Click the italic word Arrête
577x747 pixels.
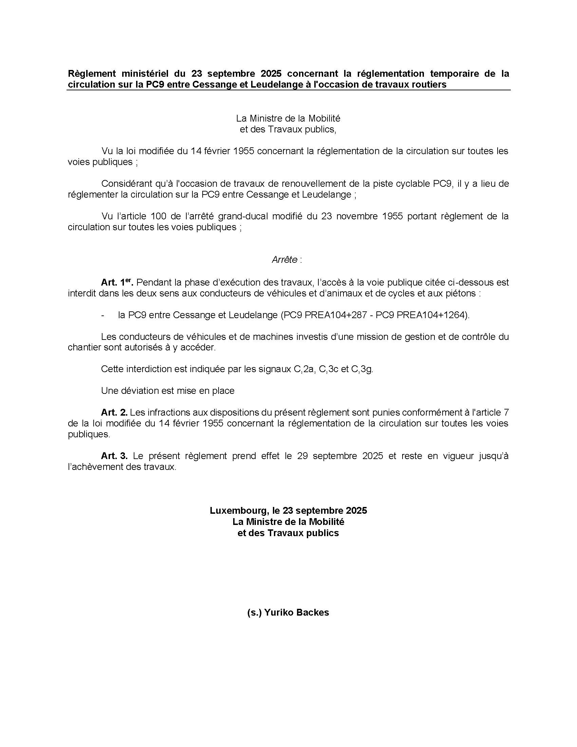point(284,260)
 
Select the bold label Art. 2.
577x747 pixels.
point(114,413)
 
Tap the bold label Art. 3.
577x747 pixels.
point(114,456)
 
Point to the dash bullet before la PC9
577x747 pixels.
point(103,315)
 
